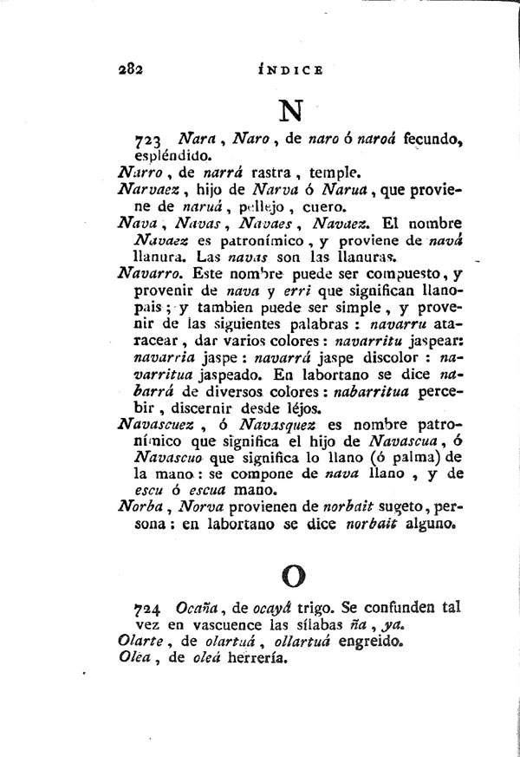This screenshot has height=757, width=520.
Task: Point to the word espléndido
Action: coord(170,158)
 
